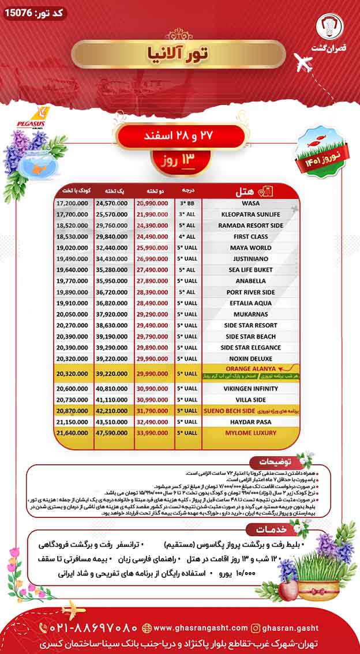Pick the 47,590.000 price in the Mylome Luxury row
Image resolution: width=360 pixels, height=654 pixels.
(112, 432)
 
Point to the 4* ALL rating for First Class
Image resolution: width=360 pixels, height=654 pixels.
(187, 236)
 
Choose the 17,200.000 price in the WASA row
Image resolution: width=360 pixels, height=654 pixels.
(72, 204)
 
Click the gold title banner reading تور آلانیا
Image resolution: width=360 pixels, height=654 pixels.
(178, 54)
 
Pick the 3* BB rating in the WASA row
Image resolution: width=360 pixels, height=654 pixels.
(187, 204)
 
